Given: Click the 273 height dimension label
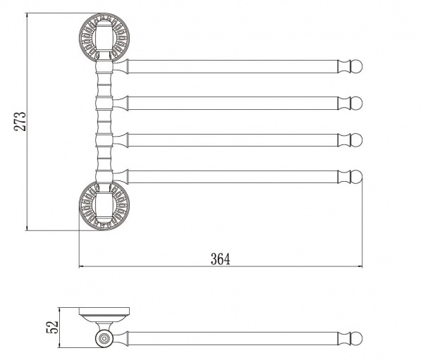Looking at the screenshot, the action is (20, 121).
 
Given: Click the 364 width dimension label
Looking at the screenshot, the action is (221, 259).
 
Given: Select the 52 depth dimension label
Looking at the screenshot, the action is (52, 327).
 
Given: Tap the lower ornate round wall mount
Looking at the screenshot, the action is (104, 206).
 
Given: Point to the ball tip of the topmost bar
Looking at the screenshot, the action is (356, 66).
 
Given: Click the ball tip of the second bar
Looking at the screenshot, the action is (356, 104).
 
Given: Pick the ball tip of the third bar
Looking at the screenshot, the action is (356, 140).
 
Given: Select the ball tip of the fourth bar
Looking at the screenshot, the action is (356, 177).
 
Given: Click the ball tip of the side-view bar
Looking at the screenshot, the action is (356, 338).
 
